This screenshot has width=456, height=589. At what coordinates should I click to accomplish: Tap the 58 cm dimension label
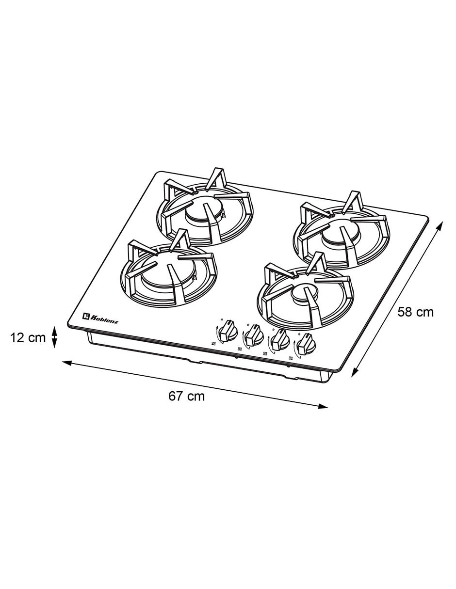(416, 312)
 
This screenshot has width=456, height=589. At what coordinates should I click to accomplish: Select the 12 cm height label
(28, 338)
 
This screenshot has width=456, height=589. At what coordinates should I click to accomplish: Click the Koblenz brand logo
(100, 317)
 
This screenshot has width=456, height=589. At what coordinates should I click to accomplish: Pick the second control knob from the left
(254, 336)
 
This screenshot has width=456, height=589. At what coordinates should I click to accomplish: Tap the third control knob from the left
(279, 341)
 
